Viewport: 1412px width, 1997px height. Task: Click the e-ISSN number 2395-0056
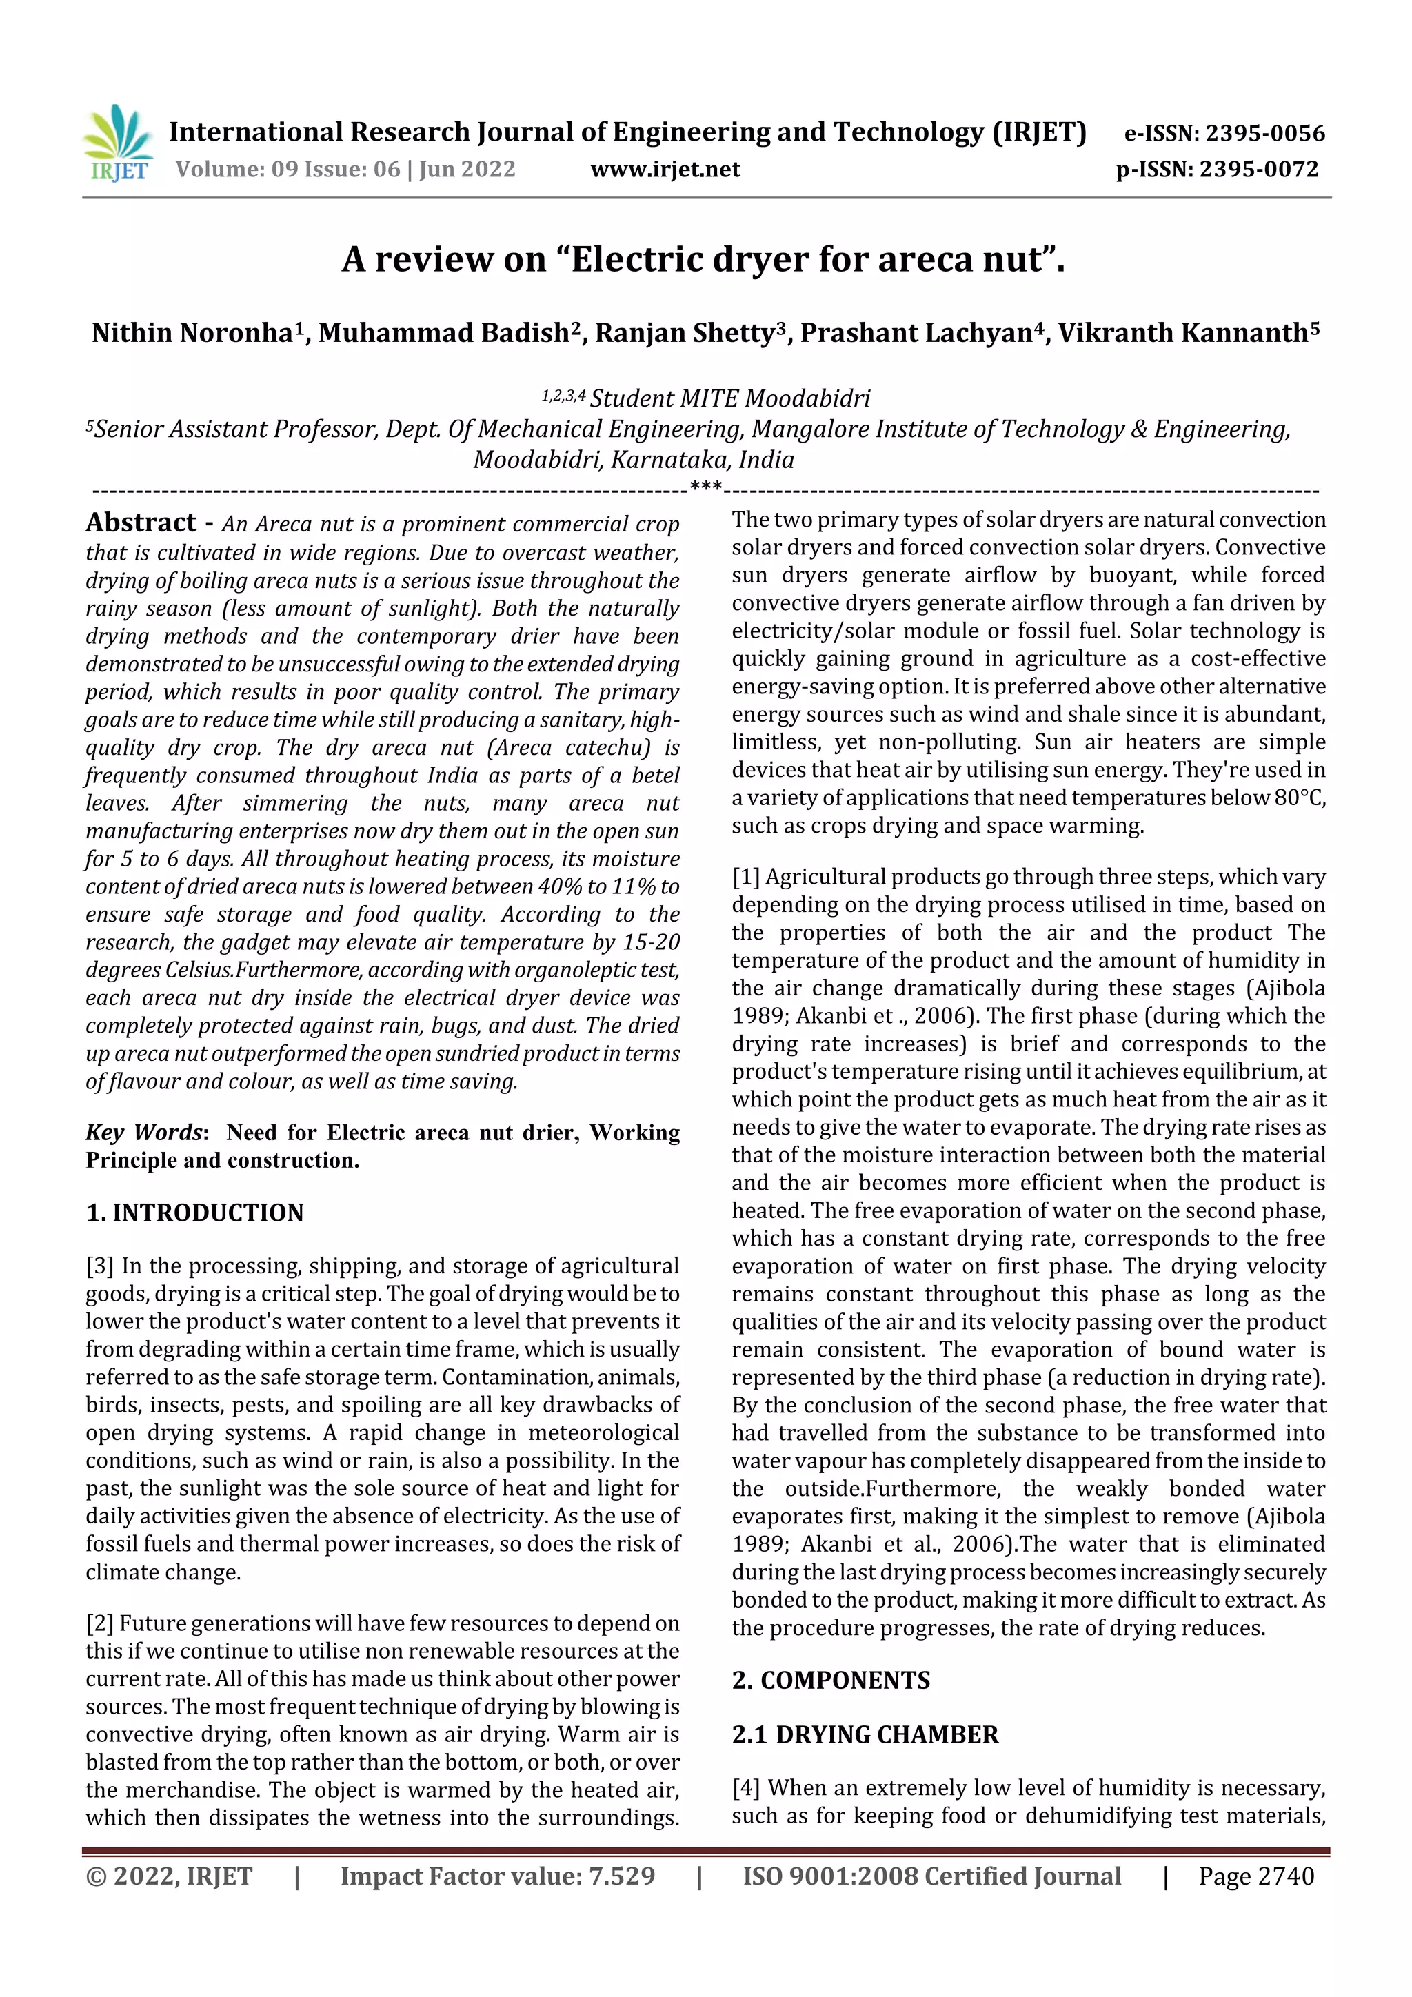1265,133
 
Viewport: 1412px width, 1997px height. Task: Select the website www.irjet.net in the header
665,169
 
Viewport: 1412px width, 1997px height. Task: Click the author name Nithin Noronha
192,333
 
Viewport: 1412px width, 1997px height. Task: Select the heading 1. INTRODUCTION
195,1213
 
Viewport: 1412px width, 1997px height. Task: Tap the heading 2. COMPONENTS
831,1679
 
